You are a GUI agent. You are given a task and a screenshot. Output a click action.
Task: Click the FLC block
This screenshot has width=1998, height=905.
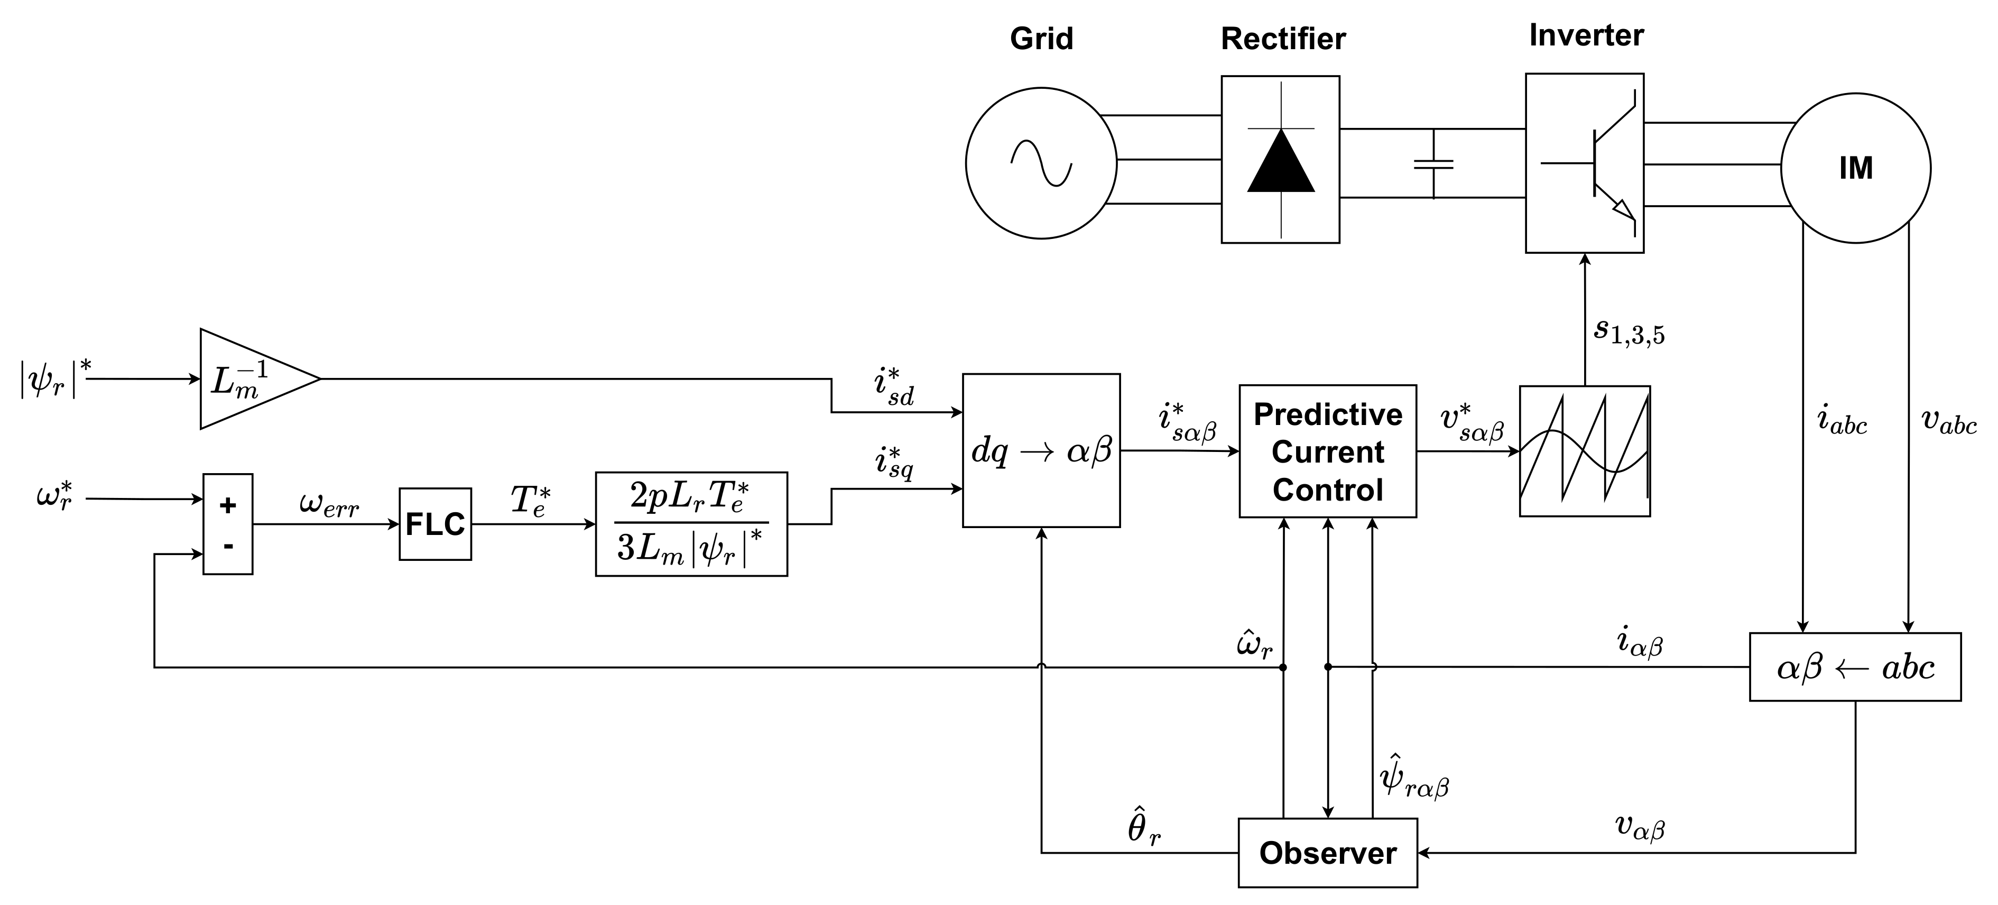tap(435, 524)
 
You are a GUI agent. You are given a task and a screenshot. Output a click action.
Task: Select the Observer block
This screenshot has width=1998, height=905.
tap(1328, 853)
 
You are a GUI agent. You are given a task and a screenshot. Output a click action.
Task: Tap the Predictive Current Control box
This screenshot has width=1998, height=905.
tap(1328, 451)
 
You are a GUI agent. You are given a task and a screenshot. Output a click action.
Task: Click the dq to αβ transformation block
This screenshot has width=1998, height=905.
tap(1041, 450)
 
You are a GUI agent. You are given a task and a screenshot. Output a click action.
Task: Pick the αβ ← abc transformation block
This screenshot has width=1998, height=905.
tap(1855, 667)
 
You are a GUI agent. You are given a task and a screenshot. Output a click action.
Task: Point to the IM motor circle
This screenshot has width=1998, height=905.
tap(1856, 168)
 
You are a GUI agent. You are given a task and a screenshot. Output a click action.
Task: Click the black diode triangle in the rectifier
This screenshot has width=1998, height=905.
tap(1281, 161)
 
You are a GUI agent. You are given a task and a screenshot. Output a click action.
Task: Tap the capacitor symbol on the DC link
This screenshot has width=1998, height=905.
tap(1433, 164)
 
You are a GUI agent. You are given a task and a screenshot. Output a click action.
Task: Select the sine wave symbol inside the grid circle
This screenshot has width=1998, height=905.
tap(1041, 164)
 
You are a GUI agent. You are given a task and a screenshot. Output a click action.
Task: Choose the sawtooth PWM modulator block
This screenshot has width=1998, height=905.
tap(1585, 451)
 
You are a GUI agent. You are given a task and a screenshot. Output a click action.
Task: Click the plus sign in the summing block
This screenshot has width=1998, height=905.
tap(228, 505)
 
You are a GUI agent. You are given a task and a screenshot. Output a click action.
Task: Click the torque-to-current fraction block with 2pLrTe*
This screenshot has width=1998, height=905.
tap(691, 524)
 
